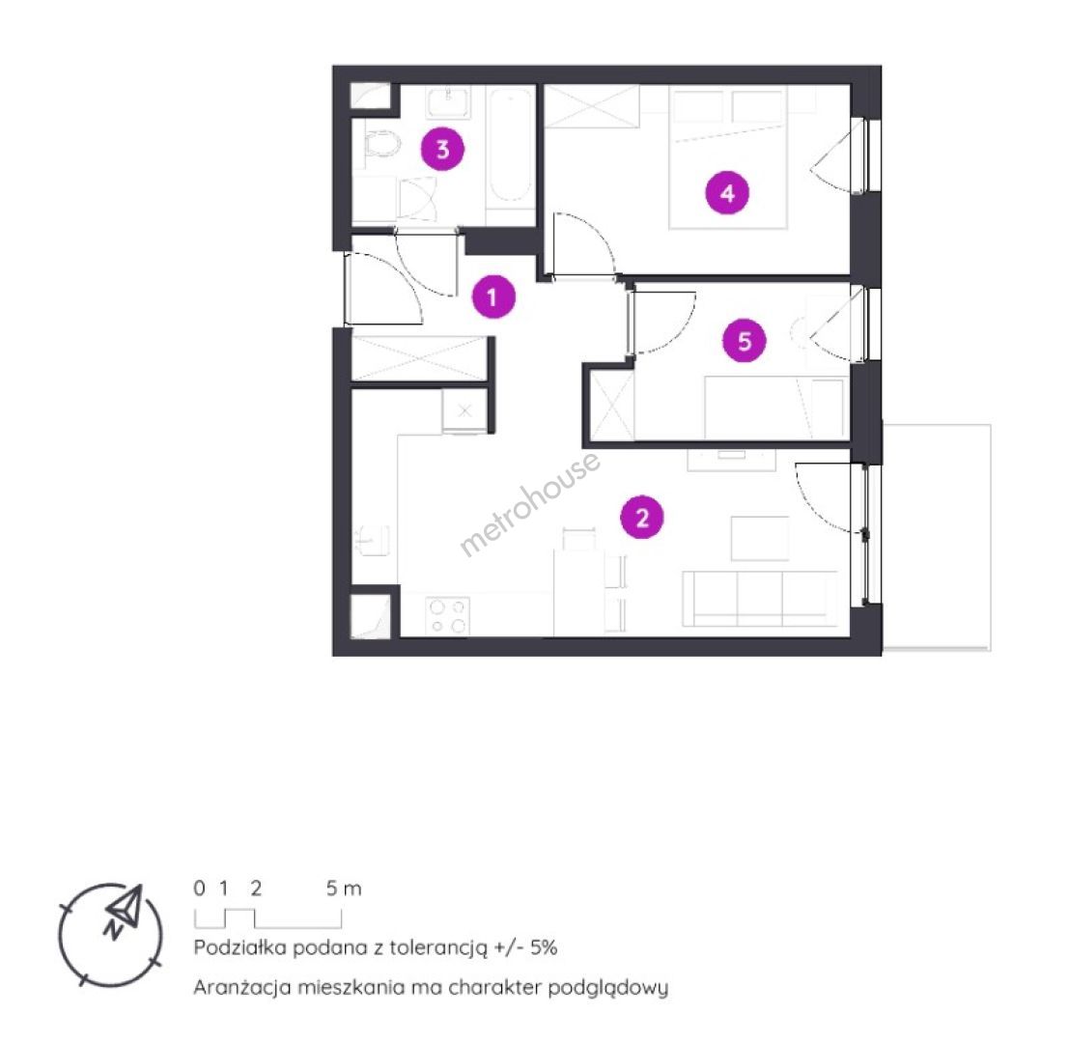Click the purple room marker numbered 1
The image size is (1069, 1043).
[x=493, y=296]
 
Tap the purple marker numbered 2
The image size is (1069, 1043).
[x=641, y=518]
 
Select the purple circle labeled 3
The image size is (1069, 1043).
[x=442, y=149]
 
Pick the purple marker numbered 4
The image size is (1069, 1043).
[x=727, y=193]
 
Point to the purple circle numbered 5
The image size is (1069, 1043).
[x=744, y=340]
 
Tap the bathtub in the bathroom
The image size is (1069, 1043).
[x=511, y=145]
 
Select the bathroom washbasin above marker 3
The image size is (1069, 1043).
[x=448, y=101]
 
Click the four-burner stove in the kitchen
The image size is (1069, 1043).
[x=448, y=615]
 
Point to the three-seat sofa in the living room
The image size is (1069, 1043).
[x=760, y=599]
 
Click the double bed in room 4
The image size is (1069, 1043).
[x=728, y=156]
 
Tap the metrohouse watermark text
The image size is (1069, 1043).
[x=530, y=504]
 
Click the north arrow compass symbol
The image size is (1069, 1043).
[x=110, y=935]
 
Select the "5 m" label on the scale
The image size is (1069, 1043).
[x=344, y=888]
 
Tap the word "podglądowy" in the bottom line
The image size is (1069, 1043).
[x=608, y=988]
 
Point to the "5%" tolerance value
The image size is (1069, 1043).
[x=544, y=946]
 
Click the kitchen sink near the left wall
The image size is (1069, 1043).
[x=374, y=541]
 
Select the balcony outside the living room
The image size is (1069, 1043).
[x=937, y=537]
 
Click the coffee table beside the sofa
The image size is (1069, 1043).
[x=760, y=539]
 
